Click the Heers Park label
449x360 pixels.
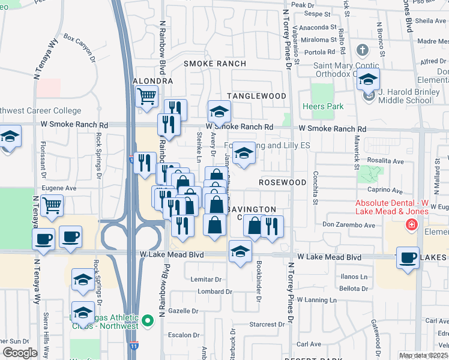coord(327,107)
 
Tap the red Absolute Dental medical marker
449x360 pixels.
coord(411,226)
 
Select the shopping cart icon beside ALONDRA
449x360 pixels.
coord(146,96)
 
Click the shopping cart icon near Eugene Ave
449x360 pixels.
coord(52,205)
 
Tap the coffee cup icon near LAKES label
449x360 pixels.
coord(408,257)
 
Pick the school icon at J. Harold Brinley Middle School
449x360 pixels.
coord(369,79)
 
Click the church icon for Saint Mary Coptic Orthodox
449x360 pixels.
coord(363,50)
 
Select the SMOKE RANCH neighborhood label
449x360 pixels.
coord(214,64)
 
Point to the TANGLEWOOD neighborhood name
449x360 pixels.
coord(256,96)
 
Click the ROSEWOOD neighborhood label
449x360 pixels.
coord(283,182)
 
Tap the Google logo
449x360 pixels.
coord(20,353)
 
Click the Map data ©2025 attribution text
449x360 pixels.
coord(423,356)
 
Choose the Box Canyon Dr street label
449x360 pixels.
coord(79,47)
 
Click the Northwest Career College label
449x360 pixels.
coord(40,110)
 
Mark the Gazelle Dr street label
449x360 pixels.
coord(183,311)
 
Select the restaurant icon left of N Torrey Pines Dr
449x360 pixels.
coord(273,226)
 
